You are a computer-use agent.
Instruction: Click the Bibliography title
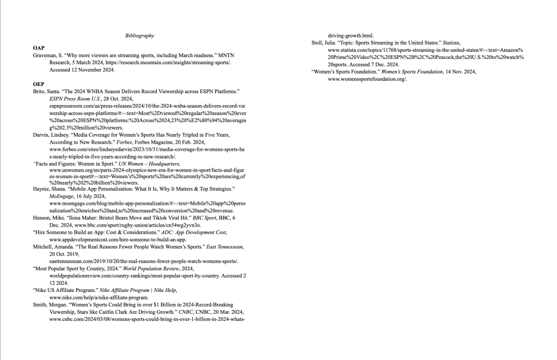[139, 36]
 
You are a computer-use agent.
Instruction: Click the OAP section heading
[39, 48]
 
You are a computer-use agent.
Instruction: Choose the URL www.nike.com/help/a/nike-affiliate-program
[99, 297]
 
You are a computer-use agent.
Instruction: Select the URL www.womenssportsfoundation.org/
[368, 79]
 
